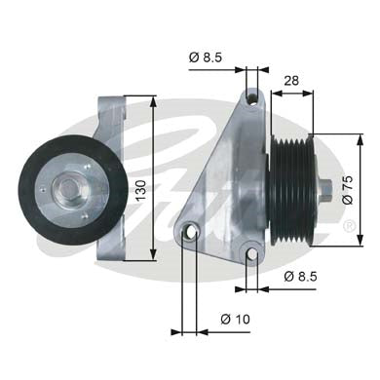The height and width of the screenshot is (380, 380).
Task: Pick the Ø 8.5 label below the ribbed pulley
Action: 299,276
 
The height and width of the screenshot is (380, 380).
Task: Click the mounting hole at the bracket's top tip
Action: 252,97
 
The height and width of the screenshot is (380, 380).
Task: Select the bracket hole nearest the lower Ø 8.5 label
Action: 252,254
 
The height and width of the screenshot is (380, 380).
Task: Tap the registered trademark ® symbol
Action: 349,226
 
